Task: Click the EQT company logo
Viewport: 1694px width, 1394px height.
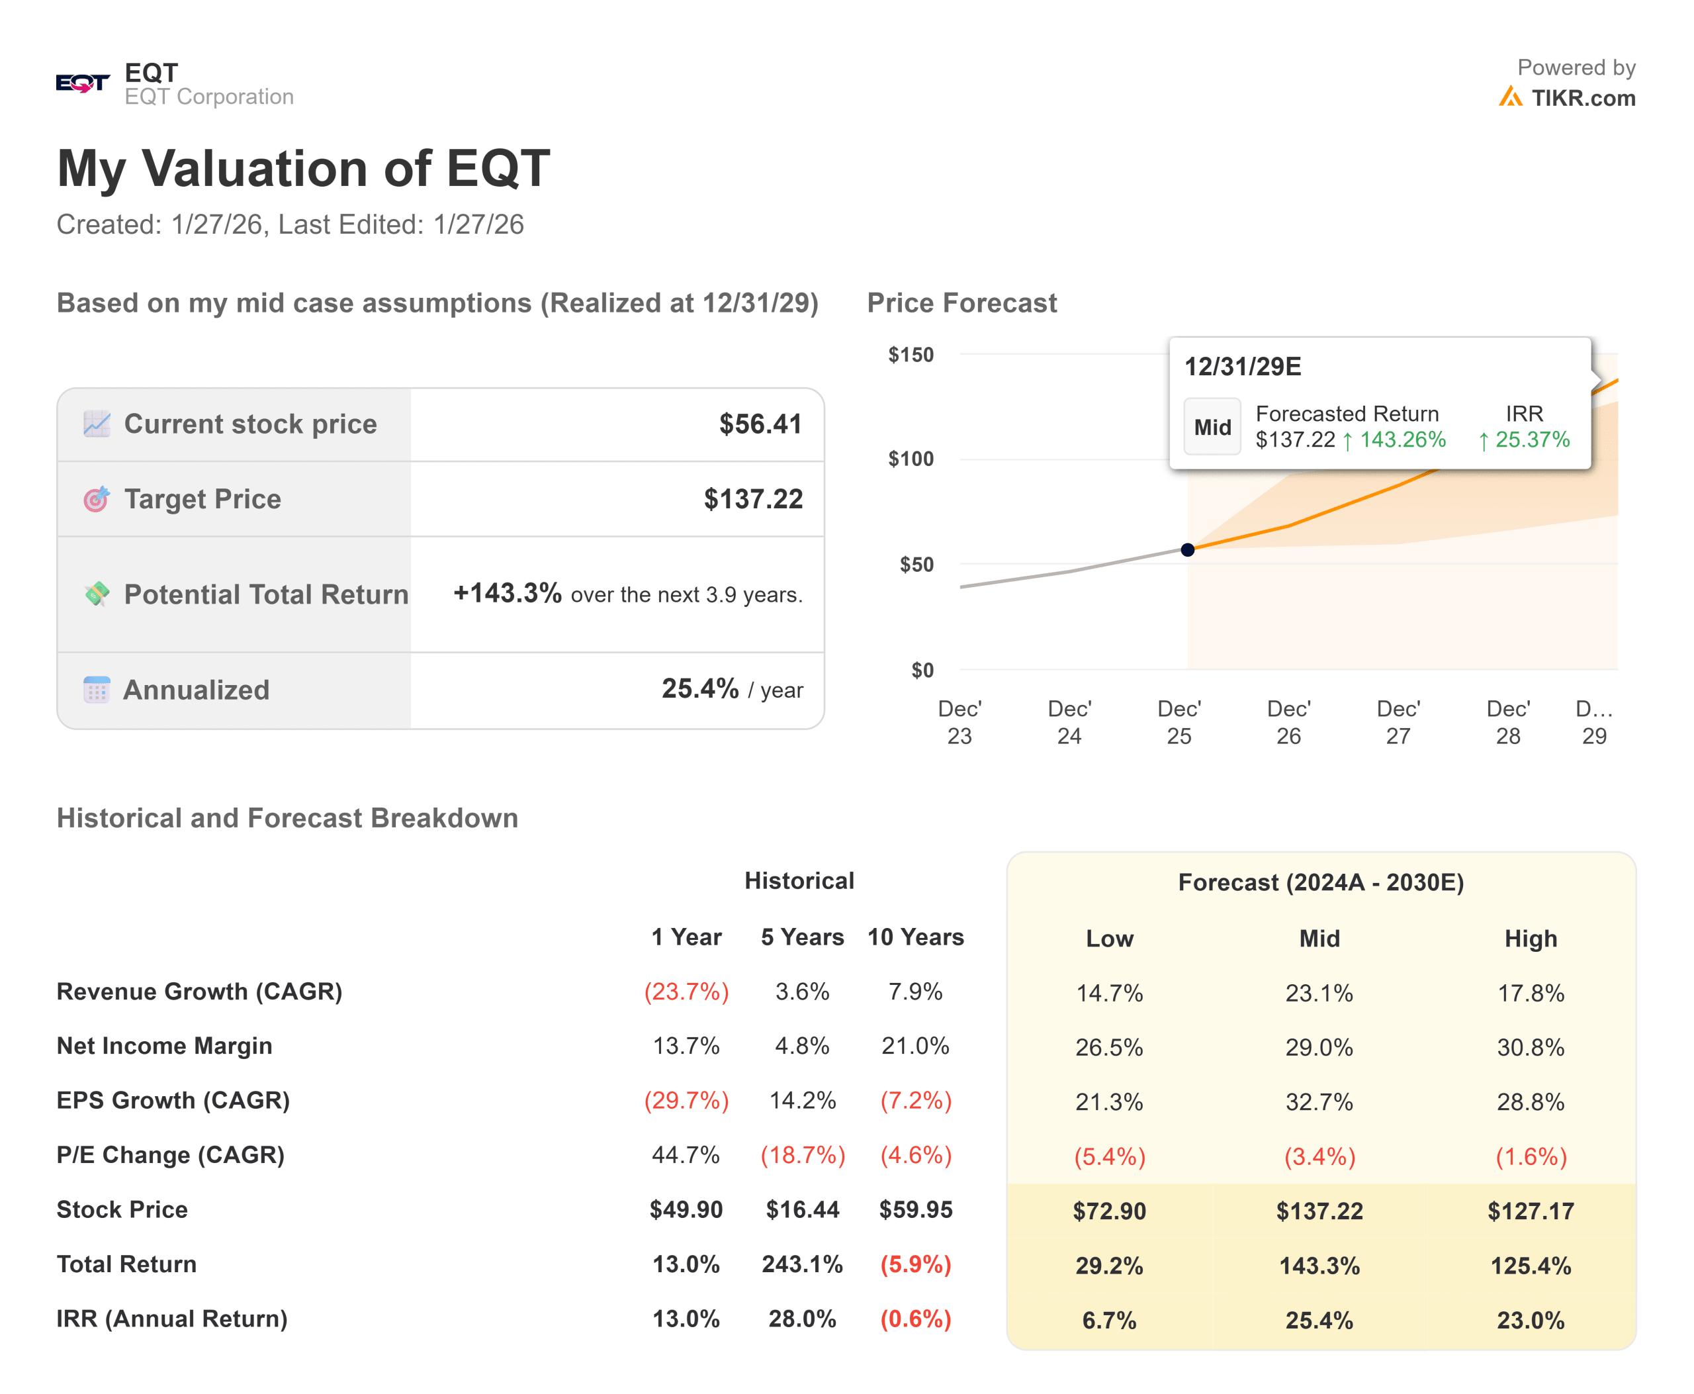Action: [x=83, y=83]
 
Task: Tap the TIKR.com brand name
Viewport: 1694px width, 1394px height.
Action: [x=1582, y=98]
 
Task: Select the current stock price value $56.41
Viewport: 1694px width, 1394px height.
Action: [x=760, y=424]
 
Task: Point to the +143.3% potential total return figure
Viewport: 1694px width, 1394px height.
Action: [x=507, y=594]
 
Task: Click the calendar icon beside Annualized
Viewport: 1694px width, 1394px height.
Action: [x=97, y=690]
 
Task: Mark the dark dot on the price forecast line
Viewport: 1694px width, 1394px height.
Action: [x=1187, y=550]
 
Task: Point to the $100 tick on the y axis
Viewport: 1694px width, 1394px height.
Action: [x=911, y=459]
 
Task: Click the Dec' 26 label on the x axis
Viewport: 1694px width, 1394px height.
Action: [x=1288, y=722]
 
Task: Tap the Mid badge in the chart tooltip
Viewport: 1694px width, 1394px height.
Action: [x=1212, y=427]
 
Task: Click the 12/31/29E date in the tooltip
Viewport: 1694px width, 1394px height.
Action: [x=1243, y=367]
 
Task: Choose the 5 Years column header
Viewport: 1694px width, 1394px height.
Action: [x=802, y=937]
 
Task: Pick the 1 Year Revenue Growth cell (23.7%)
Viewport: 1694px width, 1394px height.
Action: [x=686, y=992]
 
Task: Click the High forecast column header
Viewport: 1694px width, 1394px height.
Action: [x=1530, y=939]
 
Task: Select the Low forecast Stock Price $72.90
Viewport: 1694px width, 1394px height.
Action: [x=1110, y=1211]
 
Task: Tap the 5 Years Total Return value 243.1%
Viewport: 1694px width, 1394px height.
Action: [x=802, y=1265]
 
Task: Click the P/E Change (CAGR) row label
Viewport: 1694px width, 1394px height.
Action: [x=170, y=1154]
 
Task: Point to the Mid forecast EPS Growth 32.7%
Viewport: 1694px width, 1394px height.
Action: [x=1319, y=1101]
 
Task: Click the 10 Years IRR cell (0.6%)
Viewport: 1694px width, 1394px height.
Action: [x=915, y=1319]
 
